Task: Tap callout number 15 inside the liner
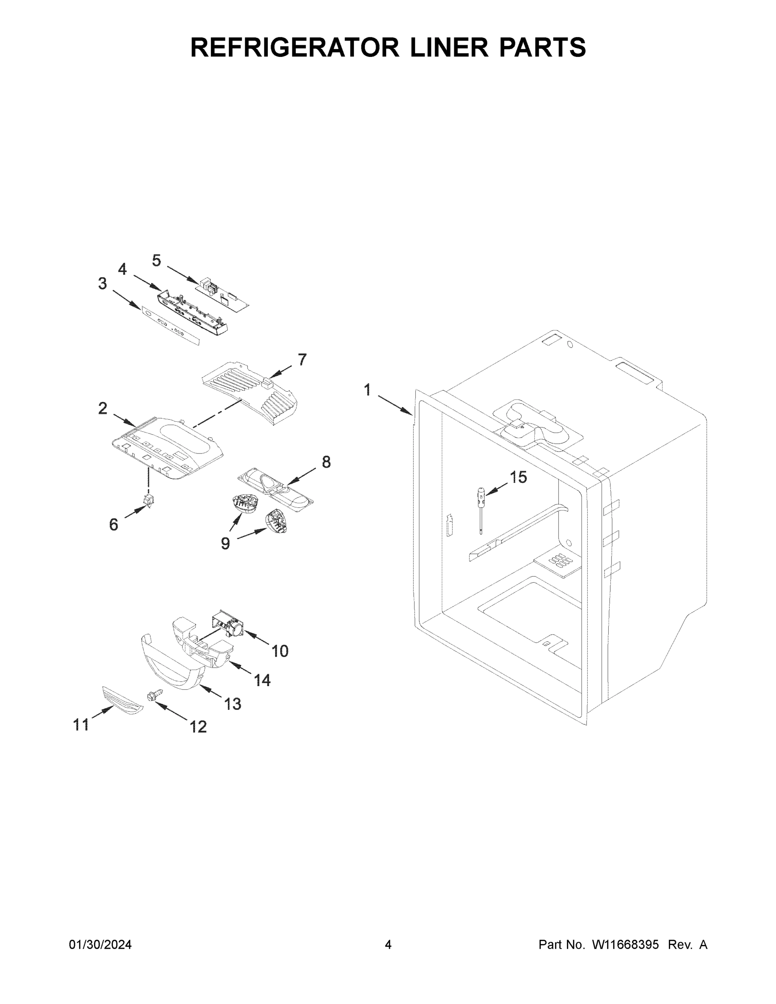pos(518,477)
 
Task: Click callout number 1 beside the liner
pos(367,390)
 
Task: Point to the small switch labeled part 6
pos(149,500)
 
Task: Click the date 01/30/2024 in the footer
pos(100,945)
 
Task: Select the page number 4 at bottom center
pos(388,945)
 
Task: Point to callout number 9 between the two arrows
pos(225,543)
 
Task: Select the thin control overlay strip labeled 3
pos(170,326)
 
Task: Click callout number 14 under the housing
pos(262,679)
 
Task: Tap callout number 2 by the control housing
pos(102,408)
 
